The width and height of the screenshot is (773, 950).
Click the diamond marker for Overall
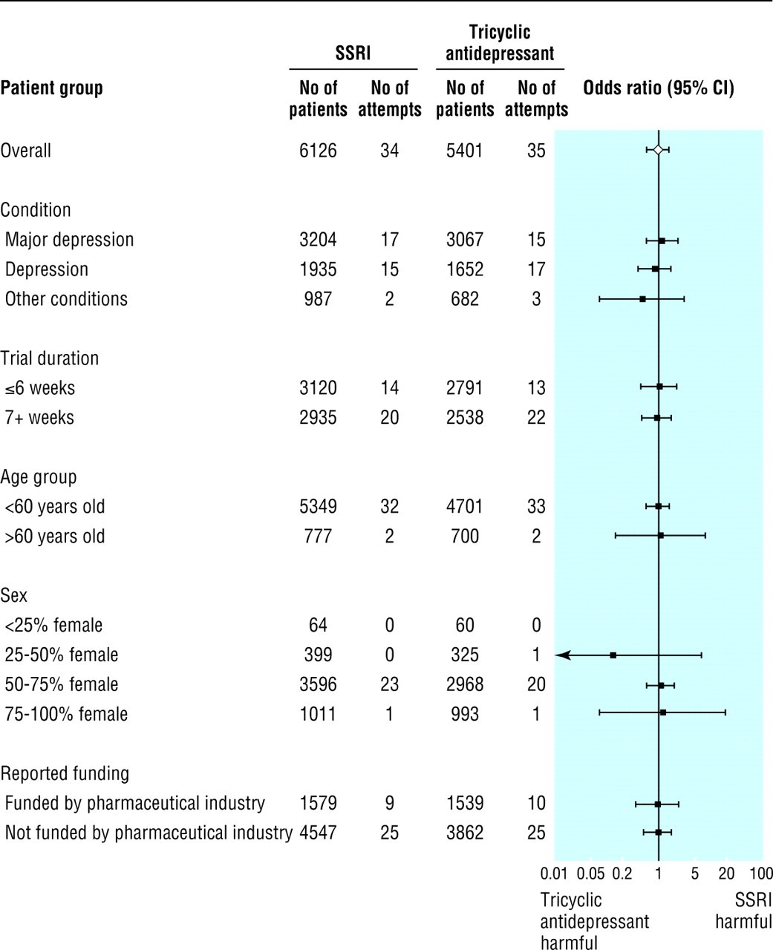pos(658,150)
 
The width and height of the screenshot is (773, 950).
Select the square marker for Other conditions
pos(642,299)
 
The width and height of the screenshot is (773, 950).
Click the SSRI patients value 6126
pos(318,151)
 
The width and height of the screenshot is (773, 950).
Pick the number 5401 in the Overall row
pos(465,151)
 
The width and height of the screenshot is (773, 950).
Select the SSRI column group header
pos(353,53)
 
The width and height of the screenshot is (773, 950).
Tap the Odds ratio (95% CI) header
pos(658,88)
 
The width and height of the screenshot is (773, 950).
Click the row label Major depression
pos(69,240)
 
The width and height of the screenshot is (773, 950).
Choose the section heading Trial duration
pos(49,358)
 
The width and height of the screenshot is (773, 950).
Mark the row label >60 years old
pos(55,537)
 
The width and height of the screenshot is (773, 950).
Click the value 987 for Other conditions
pos(318,299)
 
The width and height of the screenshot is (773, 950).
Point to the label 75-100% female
pos(66,715)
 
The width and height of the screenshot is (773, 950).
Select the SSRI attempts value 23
pos(389,685)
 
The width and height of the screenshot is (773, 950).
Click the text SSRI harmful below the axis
pos(743,911)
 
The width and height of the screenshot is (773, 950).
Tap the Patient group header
pos(51,88)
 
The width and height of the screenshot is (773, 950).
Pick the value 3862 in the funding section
pos(465,833)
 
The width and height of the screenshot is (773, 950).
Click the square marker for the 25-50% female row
pos(613,655)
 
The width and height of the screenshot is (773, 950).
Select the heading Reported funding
pos(65,774)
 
